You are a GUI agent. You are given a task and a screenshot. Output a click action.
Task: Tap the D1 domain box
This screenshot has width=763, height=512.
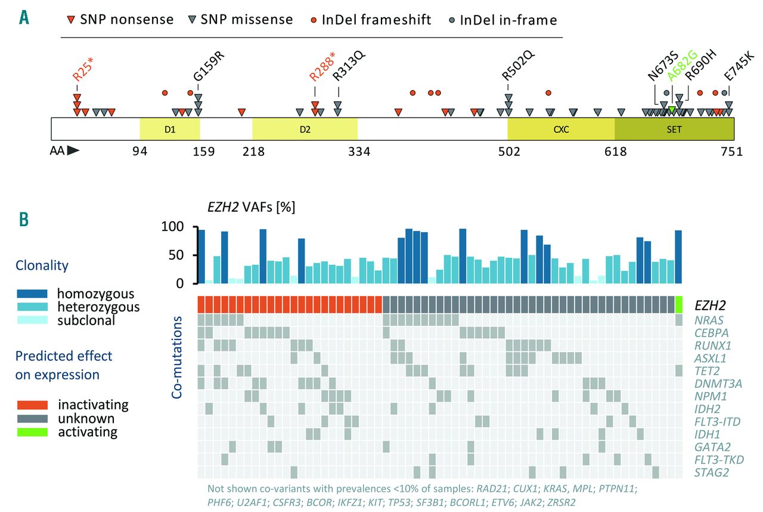point(170,128)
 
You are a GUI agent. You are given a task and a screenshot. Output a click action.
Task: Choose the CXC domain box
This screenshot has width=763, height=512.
point(561,128)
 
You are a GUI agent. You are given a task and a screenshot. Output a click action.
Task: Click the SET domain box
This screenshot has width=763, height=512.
point(674,128)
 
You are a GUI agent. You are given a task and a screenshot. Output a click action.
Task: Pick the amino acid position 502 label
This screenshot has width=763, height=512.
point(508,152)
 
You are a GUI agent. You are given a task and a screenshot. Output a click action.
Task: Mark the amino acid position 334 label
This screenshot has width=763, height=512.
point(359,152)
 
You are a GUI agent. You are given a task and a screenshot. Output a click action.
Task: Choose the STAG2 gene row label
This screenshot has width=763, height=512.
point(709,473)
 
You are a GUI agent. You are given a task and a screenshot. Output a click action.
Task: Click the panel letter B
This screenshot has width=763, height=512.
point(24,219)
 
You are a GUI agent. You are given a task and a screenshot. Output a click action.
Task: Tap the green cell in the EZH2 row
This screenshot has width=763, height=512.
point(679,304)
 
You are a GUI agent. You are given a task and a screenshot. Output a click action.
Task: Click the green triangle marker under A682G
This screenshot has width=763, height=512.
point(672,109)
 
